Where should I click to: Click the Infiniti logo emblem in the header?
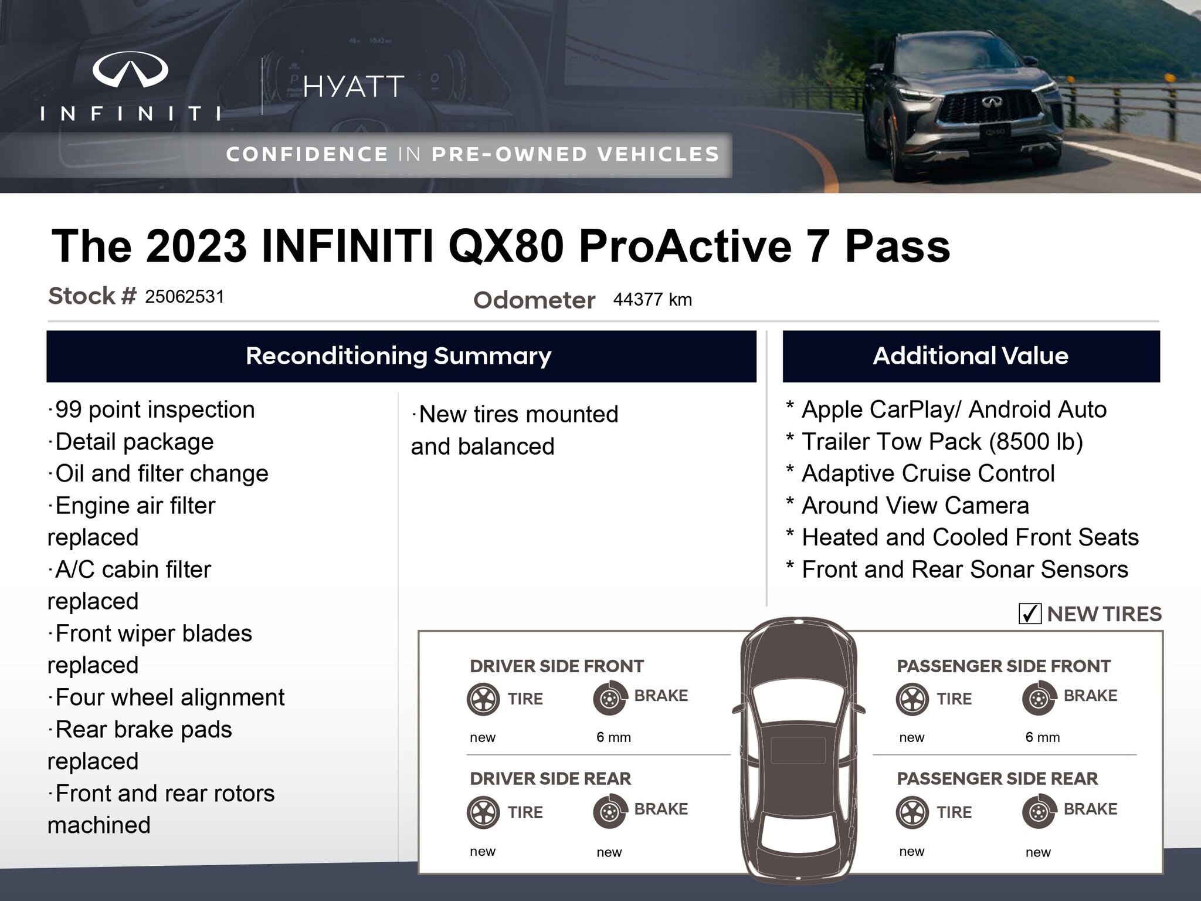[130, 69]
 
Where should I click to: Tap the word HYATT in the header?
[354, 87]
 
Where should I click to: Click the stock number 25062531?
[185, 297]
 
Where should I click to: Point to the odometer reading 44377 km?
[653, 300]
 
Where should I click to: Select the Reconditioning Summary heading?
[399, 356]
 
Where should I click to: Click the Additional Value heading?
[971, 356]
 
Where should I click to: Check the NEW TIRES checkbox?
[1030, 614]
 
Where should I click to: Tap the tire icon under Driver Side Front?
[483, 699]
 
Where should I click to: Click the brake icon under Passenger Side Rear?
[1039, 812]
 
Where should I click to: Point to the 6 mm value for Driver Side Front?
[613, 737]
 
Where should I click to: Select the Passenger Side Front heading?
[1004, 666]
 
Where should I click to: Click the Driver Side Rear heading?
[551, 778]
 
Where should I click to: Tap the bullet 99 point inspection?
[151, 410]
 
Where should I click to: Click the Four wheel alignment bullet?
[167, 698]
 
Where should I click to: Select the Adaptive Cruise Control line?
[920, 474]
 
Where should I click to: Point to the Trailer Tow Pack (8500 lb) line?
[934, 442]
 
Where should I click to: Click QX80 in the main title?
[506, 246]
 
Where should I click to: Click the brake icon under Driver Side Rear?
[609, 812]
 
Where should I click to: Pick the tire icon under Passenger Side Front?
[912, 699]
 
